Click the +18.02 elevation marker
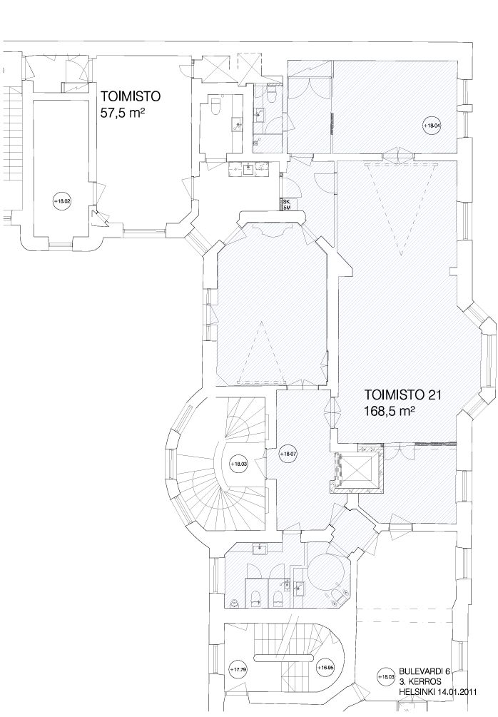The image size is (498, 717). [63, 202]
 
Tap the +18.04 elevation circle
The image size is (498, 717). [431, 126]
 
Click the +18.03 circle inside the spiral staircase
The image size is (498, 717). [239, 464]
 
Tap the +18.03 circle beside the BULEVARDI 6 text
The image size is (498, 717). [387, 676]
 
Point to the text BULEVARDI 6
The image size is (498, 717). [425, 671]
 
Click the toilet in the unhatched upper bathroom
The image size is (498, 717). [216, 107]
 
